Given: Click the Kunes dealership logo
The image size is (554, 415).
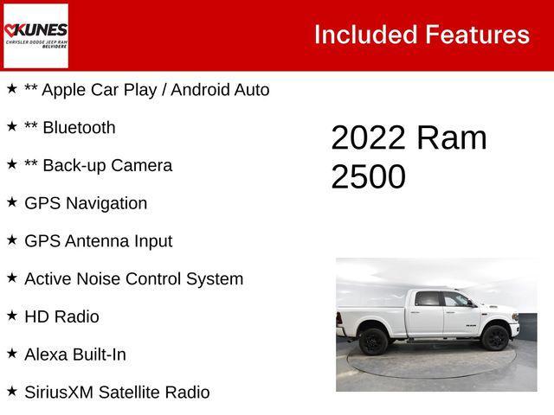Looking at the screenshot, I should (x=35, y=35).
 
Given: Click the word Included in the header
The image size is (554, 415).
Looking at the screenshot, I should (x=364, y=35).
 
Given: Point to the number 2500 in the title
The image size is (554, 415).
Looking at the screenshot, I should (x=368, y=176).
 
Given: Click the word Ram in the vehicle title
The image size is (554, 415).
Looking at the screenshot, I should (x=451, y=138).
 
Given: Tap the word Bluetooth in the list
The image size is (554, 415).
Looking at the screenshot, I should (x=78, y=127).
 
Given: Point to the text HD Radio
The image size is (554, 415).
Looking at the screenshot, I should (x=61, y=317).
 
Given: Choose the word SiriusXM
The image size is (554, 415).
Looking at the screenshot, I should (x=58, y=393).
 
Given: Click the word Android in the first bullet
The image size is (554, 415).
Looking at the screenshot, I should (x=210, y=90).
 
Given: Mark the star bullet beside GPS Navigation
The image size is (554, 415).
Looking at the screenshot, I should (x=12, y=202).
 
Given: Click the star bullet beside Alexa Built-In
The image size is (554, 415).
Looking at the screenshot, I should (x=12, y=354).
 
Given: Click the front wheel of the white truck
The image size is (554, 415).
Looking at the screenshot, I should (x=495, y=338).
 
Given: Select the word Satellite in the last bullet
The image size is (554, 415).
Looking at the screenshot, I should (x=130, y=393).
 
